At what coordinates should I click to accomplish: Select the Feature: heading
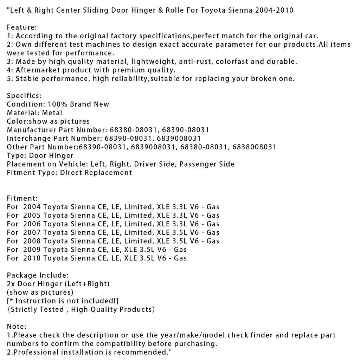click(22, 27)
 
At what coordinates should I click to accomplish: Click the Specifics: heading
click(24, 96)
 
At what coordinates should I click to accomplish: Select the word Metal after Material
click(52, 113)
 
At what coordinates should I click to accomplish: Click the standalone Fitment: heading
click(22, 198)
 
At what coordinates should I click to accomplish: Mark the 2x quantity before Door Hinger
click(11, 284)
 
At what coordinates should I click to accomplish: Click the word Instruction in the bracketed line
click(37, 301)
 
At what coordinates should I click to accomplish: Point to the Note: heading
click(17, 327)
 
